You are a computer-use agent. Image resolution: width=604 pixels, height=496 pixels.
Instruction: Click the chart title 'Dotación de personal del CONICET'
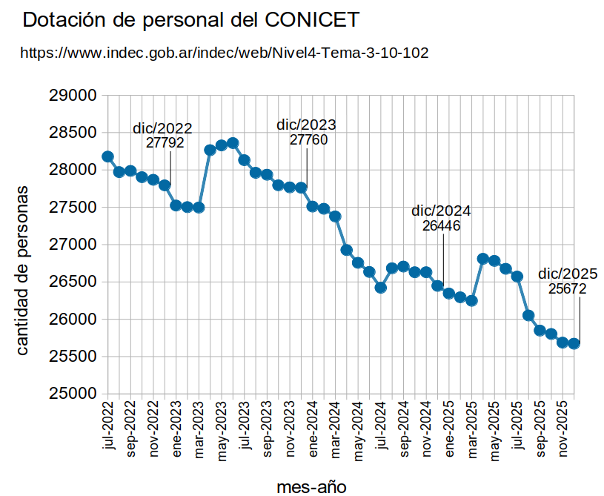(x=191, y=21)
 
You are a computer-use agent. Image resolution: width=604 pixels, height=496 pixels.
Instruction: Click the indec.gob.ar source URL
(x=224, y=53)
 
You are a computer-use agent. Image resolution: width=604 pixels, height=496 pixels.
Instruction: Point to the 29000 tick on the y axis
(x=73, y=96)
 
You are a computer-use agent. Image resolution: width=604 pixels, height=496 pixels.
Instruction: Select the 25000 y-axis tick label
(x=73, y=394)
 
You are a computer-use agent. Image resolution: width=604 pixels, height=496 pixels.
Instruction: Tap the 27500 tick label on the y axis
(x=73, y=208)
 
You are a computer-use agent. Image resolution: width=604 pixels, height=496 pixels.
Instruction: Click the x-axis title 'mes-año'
(x=311, y=486)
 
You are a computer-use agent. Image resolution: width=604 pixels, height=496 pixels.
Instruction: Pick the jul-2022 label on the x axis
(x=108, y=426)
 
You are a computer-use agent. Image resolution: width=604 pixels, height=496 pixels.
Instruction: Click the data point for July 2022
(x=107, y=156)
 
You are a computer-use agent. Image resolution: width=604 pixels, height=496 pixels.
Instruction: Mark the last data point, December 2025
(x=574, y=343)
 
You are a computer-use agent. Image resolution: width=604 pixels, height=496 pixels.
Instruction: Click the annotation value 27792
(x=165, y=143)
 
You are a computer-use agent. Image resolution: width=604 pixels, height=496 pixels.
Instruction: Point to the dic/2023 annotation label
(x=306, y=124)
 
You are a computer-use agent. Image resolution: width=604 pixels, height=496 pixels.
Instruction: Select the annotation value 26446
(x=442, y=225)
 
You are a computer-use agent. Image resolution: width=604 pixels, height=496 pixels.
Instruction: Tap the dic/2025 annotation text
(x=568, y=273)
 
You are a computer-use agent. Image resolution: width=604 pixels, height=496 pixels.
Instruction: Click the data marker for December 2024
(x=438, y=285)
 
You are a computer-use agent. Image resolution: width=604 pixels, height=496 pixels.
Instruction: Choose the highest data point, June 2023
(x=233, y=142)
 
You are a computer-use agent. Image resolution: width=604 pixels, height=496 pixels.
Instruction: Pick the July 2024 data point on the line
(x=381, y=288)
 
